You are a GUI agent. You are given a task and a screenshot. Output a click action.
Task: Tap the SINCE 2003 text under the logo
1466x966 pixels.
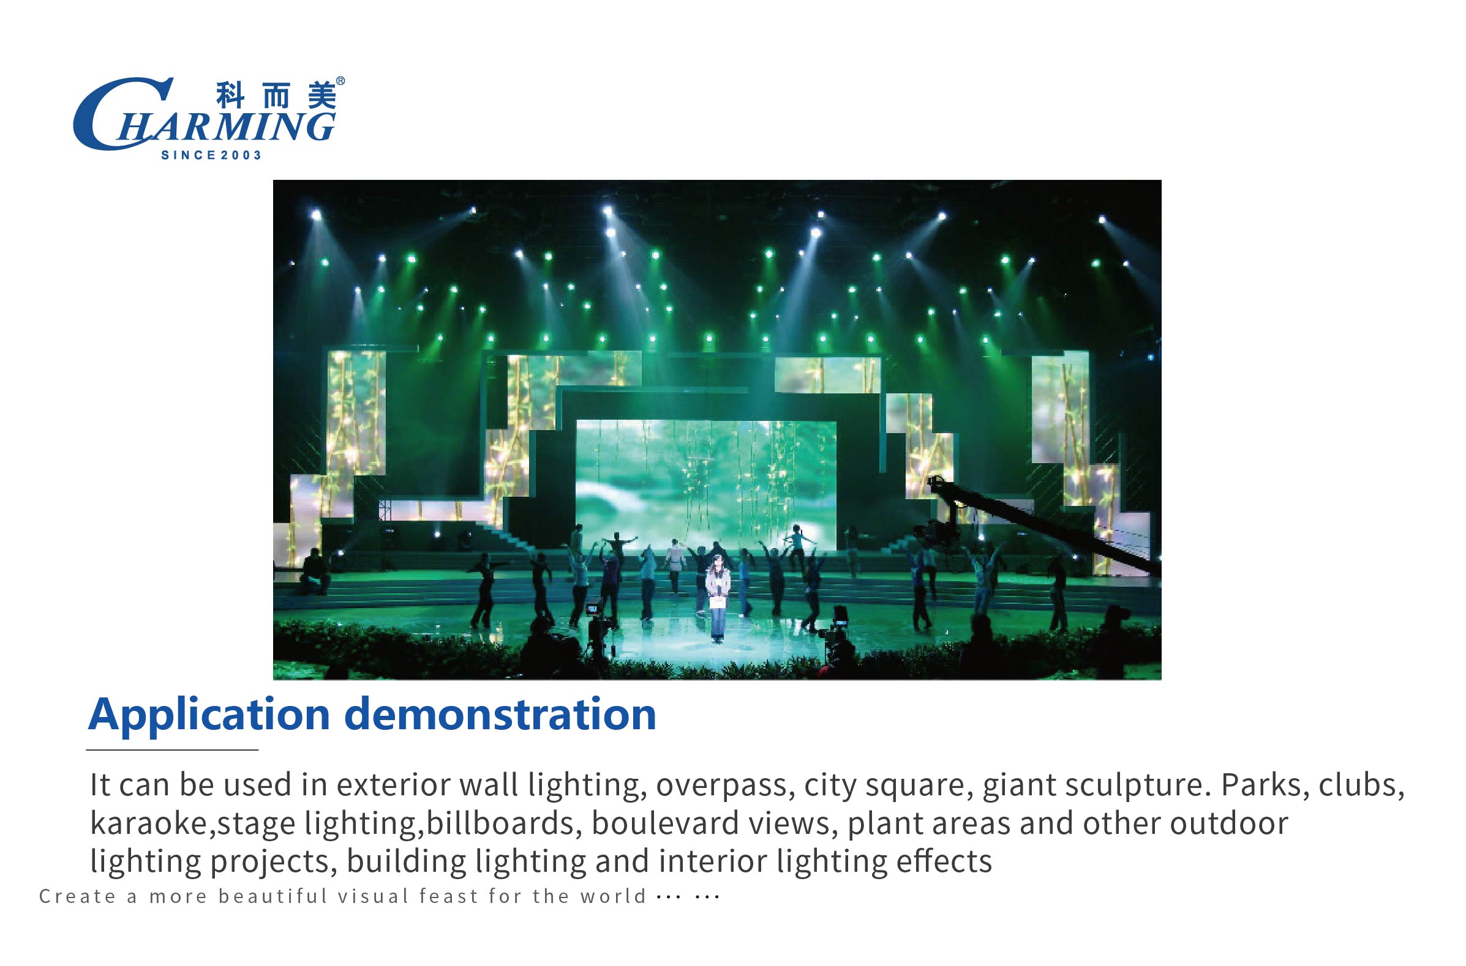tap(211, 155)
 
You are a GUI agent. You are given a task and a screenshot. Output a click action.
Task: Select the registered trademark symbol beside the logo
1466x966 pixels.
tap(341, 81)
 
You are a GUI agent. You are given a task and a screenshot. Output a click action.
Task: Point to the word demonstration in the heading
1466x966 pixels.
tap(500, 714)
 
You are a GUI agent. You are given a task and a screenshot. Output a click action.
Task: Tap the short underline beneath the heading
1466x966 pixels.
tap(172, 750)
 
